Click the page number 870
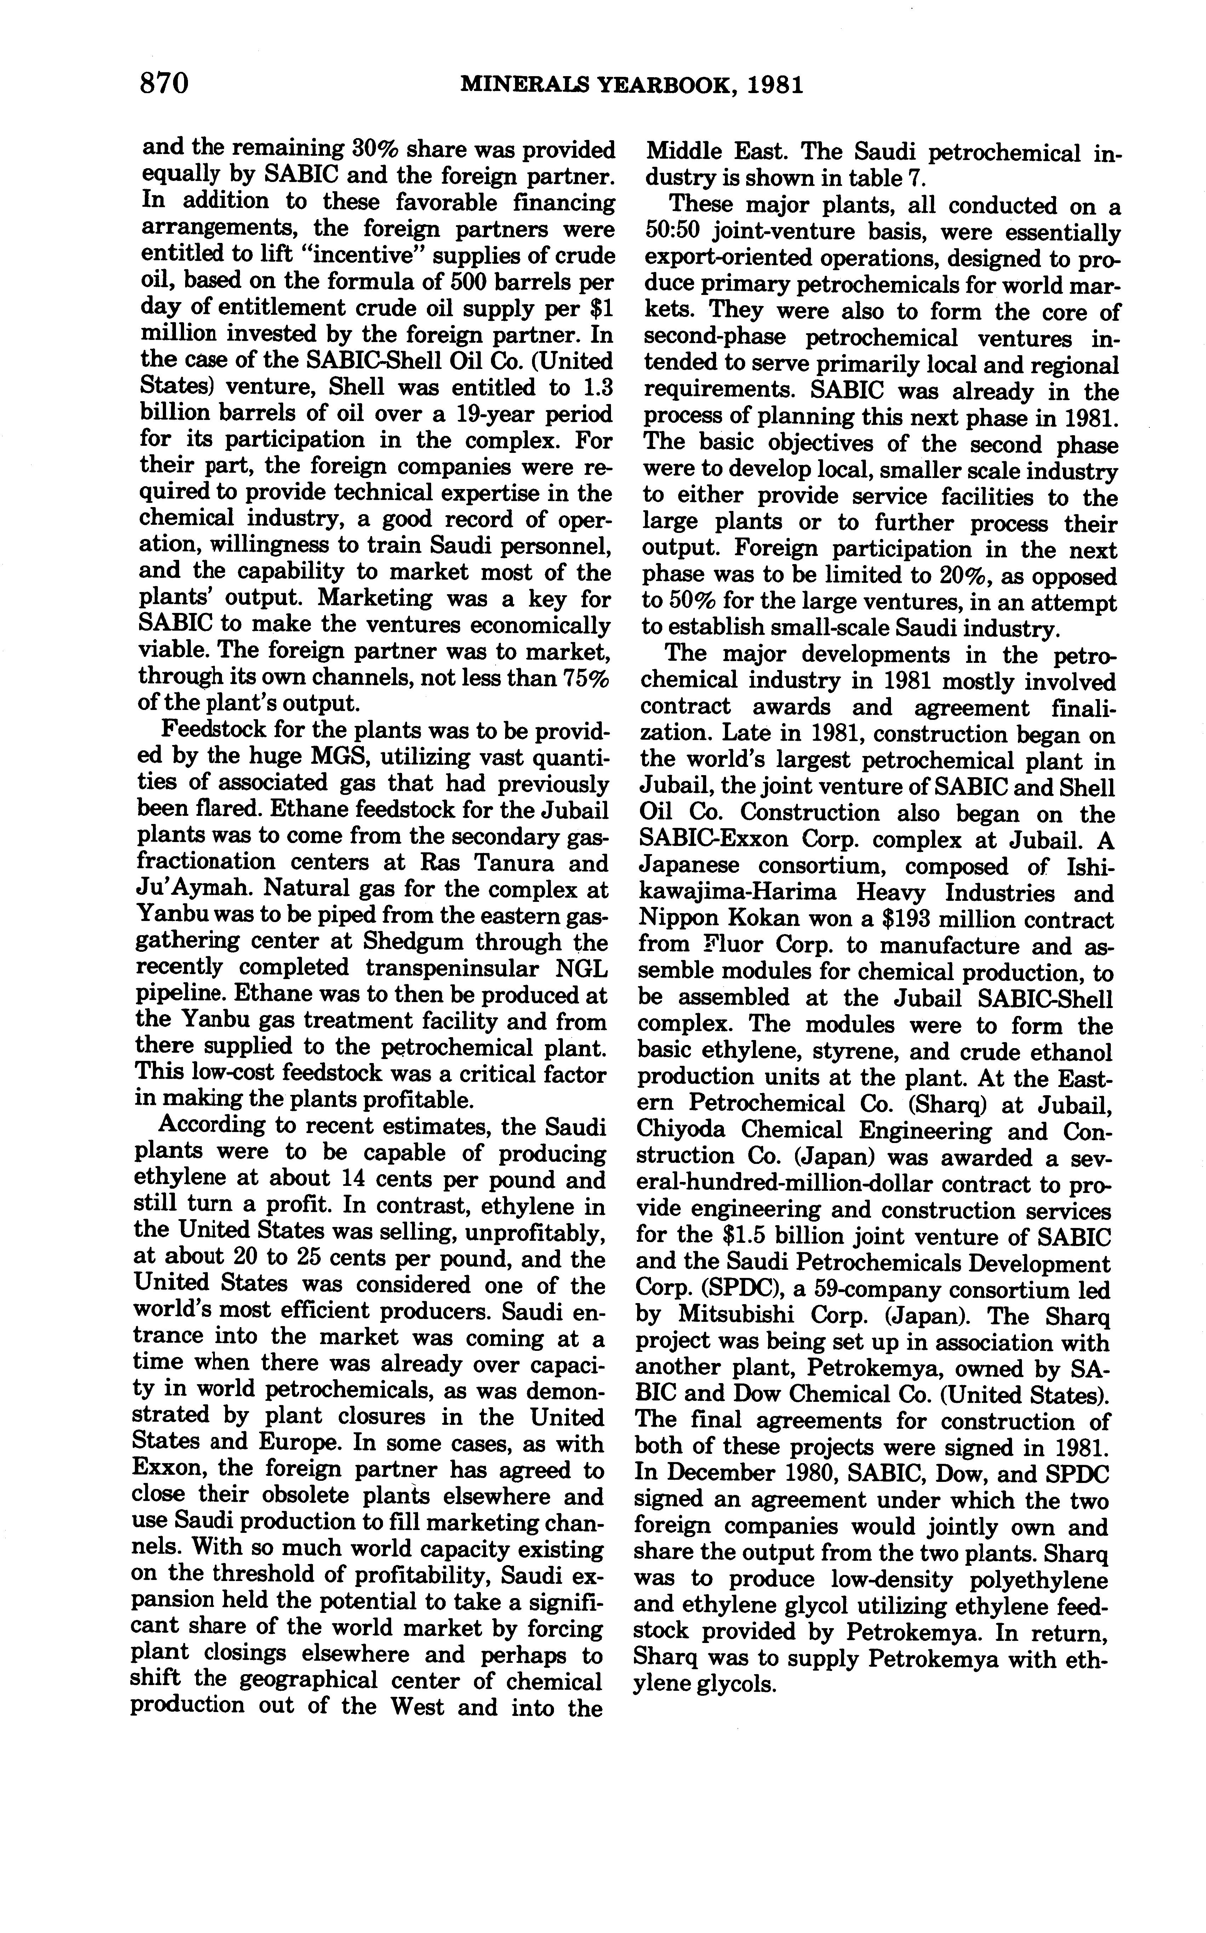164,83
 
